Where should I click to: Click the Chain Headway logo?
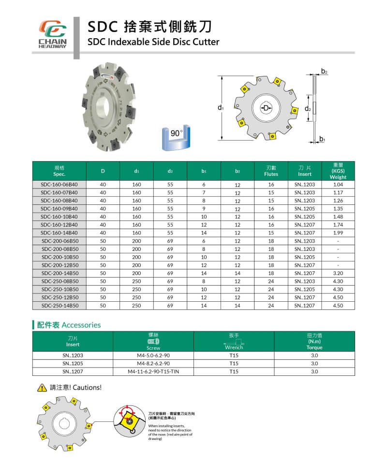(x=52, y=33)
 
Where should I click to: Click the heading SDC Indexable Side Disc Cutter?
(x=153, y=42)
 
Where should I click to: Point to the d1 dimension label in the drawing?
(x=221, y=108)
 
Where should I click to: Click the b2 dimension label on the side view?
(x=324, y=72)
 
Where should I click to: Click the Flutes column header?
(x=271, y=170)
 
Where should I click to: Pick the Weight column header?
(x=338, y=170)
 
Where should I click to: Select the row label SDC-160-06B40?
(x=60, y=185)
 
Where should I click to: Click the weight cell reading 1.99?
(x=338, y=233)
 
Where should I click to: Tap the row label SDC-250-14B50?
(x=60, y=306)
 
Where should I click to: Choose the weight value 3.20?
(x=338, y=273)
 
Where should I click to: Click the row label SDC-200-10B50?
(x=60, y=257)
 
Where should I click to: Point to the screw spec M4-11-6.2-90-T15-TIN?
(x=153, y=372)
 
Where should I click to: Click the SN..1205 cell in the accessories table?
(x=73, y=363)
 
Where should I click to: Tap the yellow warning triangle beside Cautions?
(x=42, y=387)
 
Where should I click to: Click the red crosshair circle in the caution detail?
(x=128, y=413)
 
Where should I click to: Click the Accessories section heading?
(x=68, y=325)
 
